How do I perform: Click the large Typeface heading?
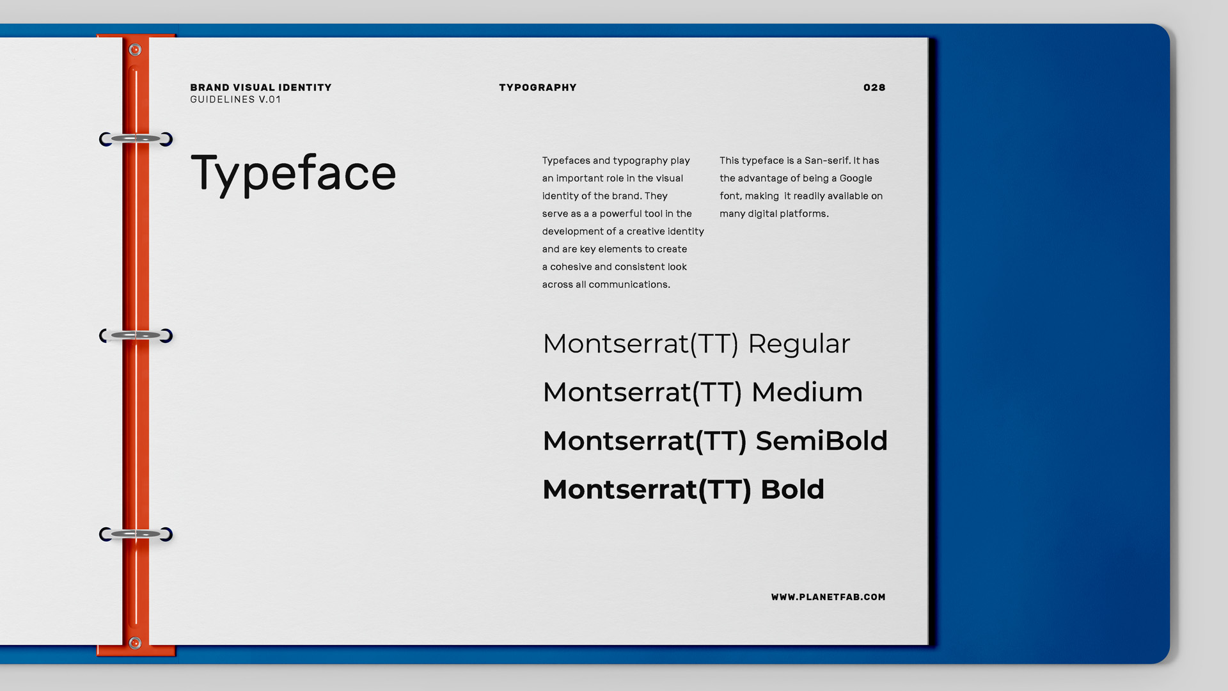(x=294, y=173)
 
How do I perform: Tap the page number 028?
(x=874, y=88)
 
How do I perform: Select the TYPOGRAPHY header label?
(x=538, y=88)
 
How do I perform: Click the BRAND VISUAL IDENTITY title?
(x=261, y=88)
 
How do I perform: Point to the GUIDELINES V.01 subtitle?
(x=235, y=100)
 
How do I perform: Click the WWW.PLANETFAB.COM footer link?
(x=828, y=597)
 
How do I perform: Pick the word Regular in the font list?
(x=799, y=345)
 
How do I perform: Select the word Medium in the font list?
(x=807, y=392)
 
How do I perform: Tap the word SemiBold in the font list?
(x=822, y=441)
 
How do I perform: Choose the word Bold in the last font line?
(x=792, y=489)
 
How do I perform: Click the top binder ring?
(x=136, y=139)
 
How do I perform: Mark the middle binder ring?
(x=136, y=335)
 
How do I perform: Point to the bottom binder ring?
(x=136, y=534)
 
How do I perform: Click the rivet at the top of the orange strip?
(x=135, y=50)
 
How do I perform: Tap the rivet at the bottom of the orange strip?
(x=135, y=643)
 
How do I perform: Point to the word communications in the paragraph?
(x=629, y=285)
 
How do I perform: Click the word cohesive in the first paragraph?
(x=571, y=267)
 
